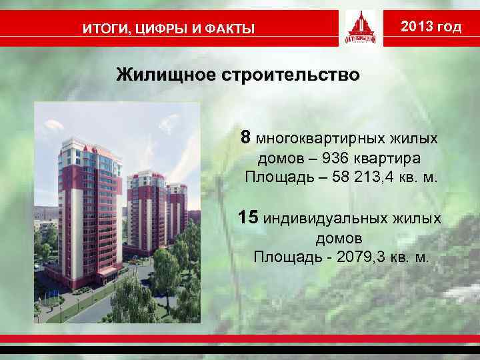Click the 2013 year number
click(417, 27)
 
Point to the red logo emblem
click(364, 28)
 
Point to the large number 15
click(249, 217)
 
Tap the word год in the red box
click(448, 27)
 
